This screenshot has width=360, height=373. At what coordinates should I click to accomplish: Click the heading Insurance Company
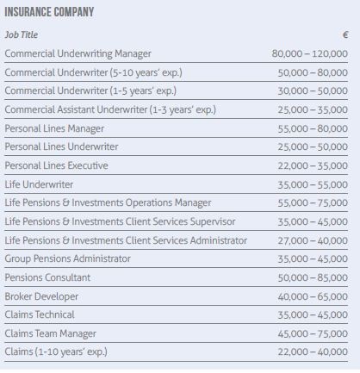49,13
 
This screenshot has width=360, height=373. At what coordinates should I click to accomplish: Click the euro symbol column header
345,35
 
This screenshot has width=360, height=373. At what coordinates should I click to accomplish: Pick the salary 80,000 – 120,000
310,53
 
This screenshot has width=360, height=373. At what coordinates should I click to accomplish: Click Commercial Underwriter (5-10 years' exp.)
93,72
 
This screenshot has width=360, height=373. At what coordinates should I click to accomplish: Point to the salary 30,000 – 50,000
313,91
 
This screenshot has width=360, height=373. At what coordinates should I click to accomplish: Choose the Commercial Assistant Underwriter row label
109,109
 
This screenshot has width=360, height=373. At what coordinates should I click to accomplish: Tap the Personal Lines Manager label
54,128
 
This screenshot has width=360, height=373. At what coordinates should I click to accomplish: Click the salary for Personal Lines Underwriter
313,147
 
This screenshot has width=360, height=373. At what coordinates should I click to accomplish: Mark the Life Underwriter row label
39,184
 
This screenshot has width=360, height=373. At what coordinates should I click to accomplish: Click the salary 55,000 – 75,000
313,203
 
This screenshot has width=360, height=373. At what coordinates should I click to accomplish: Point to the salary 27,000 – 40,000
313,240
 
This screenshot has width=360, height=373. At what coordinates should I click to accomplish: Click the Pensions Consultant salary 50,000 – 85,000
313,277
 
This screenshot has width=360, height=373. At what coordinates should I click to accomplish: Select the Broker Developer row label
42,296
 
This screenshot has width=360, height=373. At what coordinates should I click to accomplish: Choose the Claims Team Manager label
50,333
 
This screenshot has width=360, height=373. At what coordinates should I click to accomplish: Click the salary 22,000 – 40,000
313,352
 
